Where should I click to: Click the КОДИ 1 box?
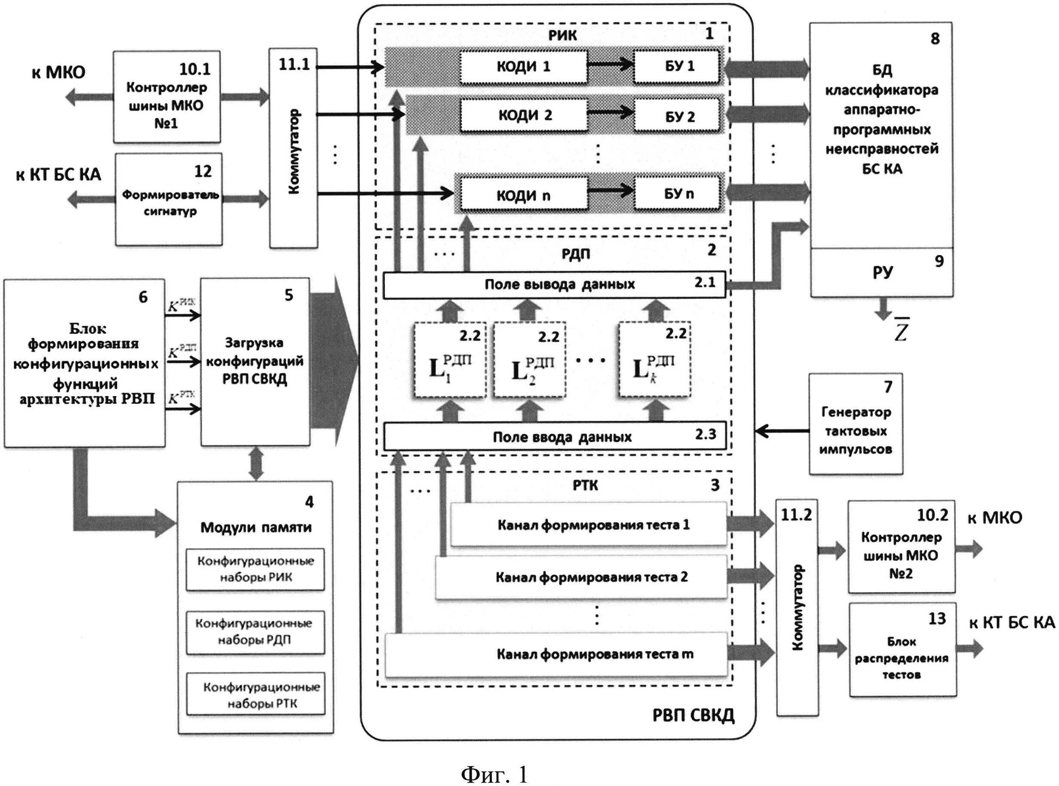[x=523, y=67]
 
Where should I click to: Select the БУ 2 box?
[x=679, y=117]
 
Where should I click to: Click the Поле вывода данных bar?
[x=554, y=284]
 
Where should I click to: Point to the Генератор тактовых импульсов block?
[x=856, y=423]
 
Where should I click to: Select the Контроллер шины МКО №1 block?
[x=166, y=97]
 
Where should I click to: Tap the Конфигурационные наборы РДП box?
[x=255, y=632]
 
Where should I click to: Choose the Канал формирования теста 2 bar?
[x=581, y=577]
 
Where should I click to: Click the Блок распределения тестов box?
[x=902, y=650]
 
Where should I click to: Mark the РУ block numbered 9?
[x=881, y=272]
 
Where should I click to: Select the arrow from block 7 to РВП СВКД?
[x=782, y=432]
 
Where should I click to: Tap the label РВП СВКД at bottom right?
[x=693, y=715]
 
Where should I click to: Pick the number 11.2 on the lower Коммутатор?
[x=796, y=515]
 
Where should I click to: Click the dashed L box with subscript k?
[x=654, y=360]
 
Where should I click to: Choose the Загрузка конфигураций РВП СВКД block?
[x=255, y=362]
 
